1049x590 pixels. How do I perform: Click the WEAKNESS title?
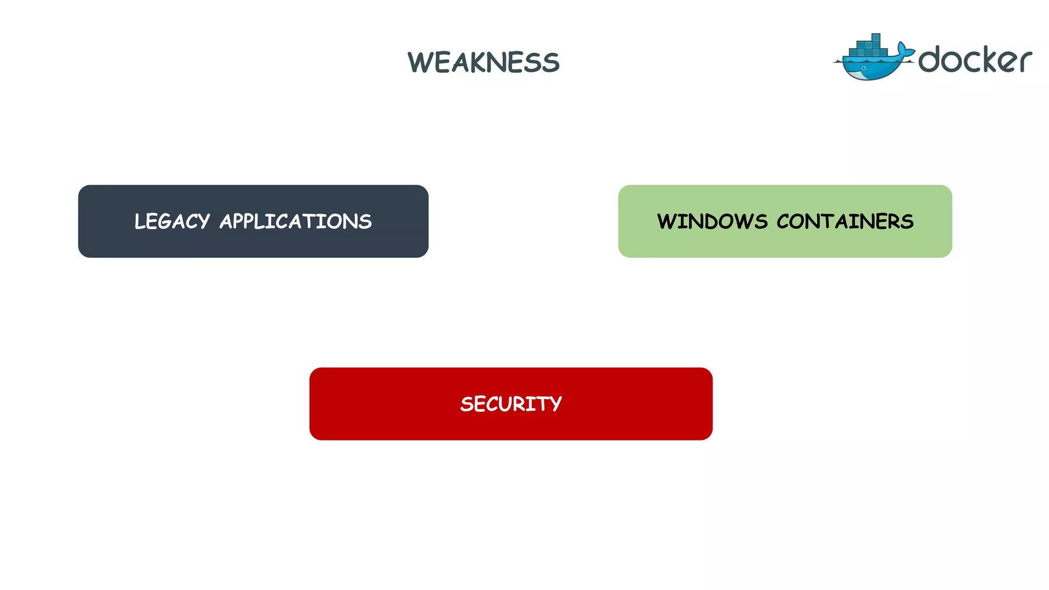click(x=484, y=62)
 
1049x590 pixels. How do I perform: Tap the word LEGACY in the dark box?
click(x=172, y=222)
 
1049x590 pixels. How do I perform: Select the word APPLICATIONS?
click(x=296, y=222)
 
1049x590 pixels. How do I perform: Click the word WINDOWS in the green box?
click(x=712, y=222)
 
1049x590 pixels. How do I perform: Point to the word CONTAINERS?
click(x=845, y=222)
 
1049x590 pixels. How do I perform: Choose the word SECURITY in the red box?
click(x=511, y=404)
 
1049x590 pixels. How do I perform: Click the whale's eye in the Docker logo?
click(x=864, y=68)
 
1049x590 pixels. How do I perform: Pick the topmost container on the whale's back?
click(x=876, y=38)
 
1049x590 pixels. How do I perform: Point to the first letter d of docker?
click(x=931, y=59)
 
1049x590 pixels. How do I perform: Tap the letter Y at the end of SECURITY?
click(x=555, y=405)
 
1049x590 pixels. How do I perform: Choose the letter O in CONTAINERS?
click(x=802, y=222)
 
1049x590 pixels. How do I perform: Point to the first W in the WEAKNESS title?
click(x=419, y=62)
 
